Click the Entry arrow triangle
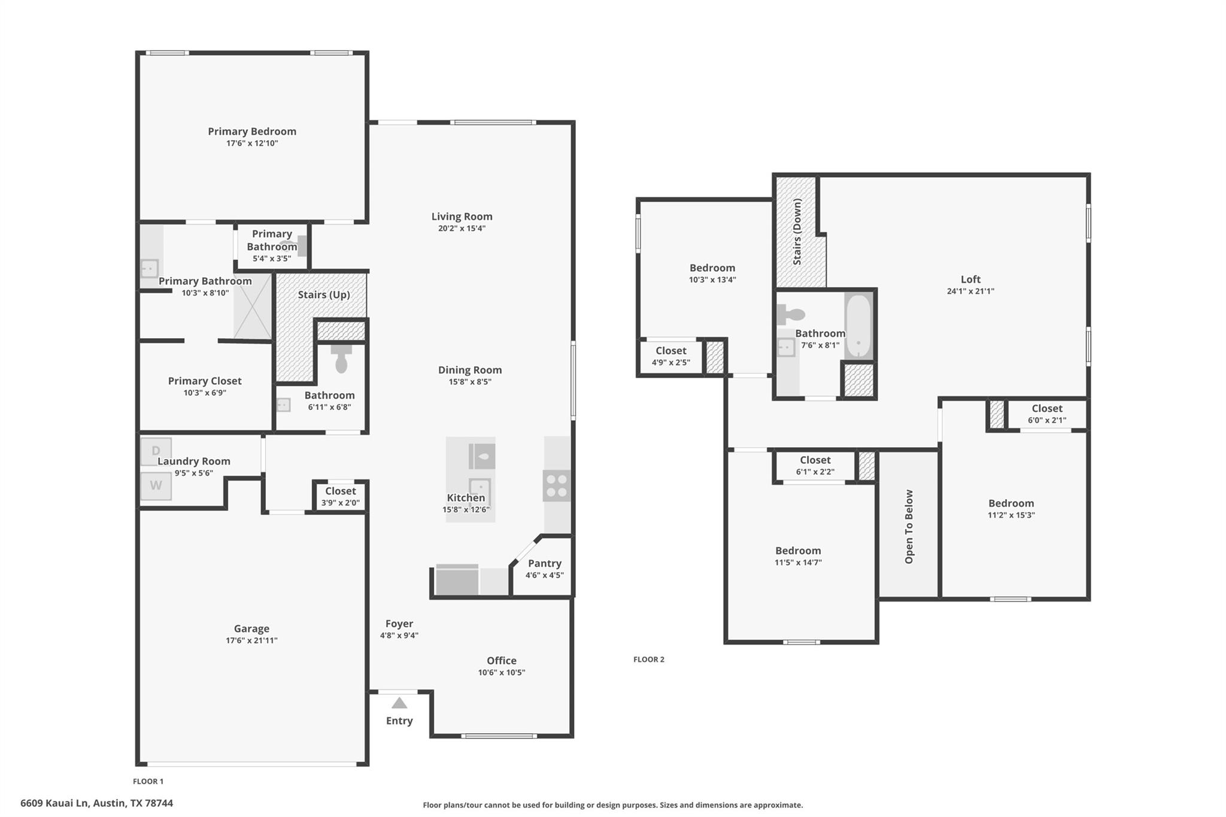(x=399, y=703)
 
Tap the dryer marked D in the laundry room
(x=156, y=451)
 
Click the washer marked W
(x=156, y=485)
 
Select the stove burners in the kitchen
(x=556, y=485)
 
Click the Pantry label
(x=544, y=563)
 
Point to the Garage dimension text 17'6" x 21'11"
(x=251, y=640)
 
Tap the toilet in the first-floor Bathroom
(x=341, y=359)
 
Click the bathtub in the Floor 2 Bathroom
(x=858, y=326)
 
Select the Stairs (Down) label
(x=797, y=232)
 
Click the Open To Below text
(x=909, y=527)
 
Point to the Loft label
(x=970, y=279)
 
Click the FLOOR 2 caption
(x=649, y=660)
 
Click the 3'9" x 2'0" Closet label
(x=340, y=491)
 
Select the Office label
(x=501, y=660)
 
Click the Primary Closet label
(x=205, y=381)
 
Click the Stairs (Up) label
(x=324, y=294)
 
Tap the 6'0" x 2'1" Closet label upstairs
(x=1046, y=408)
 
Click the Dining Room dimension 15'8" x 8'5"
(x=470, y=382)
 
